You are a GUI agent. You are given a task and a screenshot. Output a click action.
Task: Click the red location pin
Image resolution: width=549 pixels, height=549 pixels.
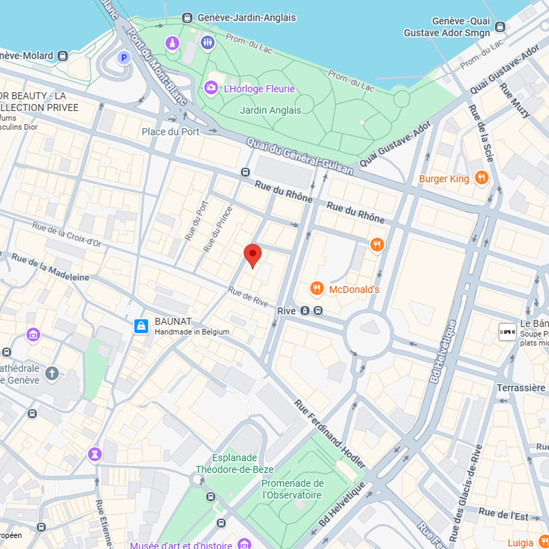pyautogui.click(x=253, y=255)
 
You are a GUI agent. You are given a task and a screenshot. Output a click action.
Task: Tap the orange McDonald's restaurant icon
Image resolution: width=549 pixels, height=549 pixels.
pyautogui.click(x=317, y=288)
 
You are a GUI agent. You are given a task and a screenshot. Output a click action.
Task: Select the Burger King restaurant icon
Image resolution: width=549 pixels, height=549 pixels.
pyautogui.click(x=481, y=178)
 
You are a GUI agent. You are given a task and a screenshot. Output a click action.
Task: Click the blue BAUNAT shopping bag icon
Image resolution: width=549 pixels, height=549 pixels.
pyautogui.click(x=142, y=326)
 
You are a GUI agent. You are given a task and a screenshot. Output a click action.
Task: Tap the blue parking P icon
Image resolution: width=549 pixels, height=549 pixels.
pyautogui.click(x=124, y=57)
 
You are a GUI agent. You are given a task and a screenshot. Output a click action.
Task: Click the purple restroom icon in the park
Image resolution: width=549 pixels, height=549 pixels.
pyautogui.click(x=208, y=42)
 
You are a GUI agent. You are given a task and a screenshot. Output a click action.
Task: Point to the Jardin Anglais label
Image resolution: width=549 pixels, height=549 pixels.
pyautogui.click(x=270, y=110)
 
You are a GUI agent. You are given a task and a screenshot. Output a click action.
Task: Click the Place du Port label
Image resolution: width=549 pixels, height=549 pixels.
pyautogui.click(x=171, y=132)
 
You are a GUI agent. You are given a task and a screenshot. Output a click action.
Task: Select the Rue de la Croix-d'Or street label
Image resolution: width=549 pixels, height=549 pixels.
pyautogui.click(x=67, y=236)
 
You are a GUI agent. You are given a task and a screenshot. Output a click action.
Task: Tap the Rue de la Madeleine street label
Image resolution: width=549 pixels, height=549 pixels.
pyautogui.click(x=50, y=267)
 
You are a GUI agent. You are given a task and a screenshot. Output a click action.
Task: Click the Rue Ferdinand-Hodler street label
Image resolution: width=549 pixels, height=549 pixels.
pyautogui.click(x=330, y=434)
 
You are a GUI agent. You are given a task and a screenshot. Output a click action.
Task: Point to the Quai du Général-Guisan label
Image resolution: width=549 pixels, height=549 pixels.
pyautogui.click(x=300, y=156)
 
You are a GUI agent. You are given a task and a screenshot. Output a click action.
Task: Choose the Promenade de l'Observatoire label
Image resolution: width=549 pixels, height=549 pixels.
pyautogui.click(x=292, y=489)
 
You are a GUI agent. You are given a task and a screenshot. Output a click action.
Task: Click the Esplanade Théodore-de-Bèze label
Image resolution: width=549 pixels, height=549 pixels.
pyautogui.click(x=234, y=463)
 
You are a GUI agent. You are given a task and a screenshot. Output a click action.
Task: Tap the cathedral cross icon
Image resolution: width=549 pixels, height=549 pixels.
pyautogui.click(x=52, y=374)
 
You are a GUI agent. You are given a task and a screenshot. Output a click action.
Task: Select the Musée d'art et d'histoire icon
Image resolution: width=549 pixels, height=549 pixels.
pyautogui.click(x=244, y=545)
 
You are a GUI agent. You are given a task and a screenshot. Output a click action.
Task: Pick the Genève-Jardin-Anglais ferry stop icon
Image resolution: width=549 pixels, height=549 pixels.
pyautogui.click(x=188, y=18)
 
